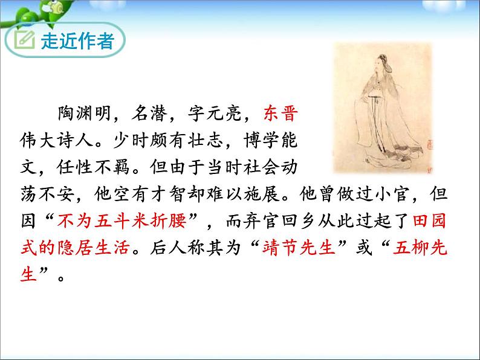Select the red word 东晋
click(x=281, y=113)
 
